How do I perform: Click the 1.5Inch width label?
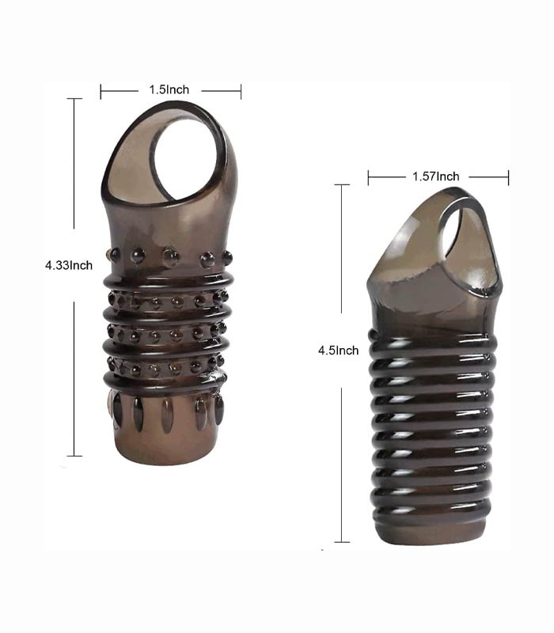point(169,89)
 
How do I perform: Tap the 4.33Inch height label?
point(69,265)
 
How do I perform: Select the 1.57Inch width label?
point(436,176)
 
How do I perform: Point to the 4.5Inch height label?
point(339,350)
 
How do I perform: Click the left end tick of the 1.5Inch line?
point(101,91)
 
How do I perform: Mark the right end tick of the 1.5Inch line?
point(241,91)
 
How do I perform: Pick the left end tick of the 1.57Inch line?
point(368,178)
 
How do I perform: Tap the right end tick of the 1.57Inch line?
point(508,178)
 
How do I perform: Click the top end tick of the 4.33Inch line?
point(74,98)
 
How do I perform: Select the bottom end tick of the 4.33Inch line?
point(74,457)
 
